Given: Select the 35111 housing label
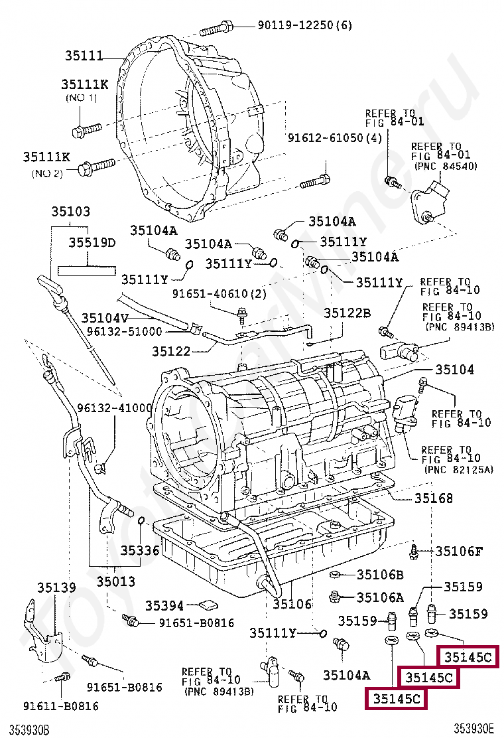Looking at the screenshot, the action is coord(84,56).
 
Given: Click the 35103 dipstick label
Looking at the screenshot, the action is coord(70,211).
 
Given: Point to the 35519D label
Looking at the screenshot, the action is coord(92,242).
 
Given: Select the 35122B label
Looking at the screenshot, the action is coord(347,313).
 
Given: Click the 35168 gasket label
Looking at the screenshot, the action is coord(434,498).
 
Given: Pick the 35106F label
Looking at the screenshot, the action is coord(459,551).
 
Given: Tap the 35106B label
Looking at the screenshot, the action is coord(380,574).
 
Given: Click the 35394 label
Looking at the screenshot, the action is coord(164,606).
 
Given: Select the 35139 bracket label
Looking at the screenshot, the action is coord(56,587).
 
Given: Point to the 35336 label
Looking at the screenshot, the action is coord(140,550).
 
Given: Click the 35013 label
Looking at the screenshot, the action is coord(115,582).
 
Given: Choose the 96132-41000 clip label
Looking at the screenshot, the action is coord(115,407).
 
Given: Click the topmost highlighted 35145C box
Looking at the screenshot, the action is coord(468,657).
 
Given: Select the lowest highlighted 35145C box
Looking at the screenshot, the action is coord(397,699).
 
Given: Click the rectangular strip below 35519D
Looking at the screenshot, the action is coord(87,271).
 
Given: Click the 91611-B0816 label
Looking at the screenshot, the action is coord(61,706).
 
